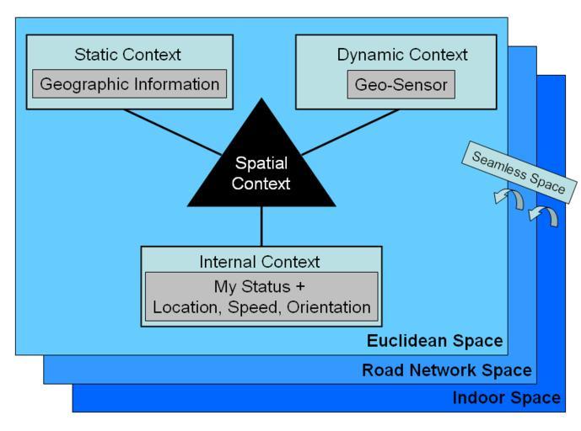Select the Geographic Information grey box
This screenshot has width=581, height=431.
[129, 84]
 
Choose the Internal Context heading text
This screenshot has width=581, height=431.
[261, 261]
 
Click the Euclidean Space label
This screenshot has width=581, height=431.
[434, 342]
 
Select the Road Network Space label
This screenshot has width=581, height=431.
[447, 370]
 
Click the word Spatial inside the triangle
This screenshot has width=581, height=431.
[261, 164]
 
